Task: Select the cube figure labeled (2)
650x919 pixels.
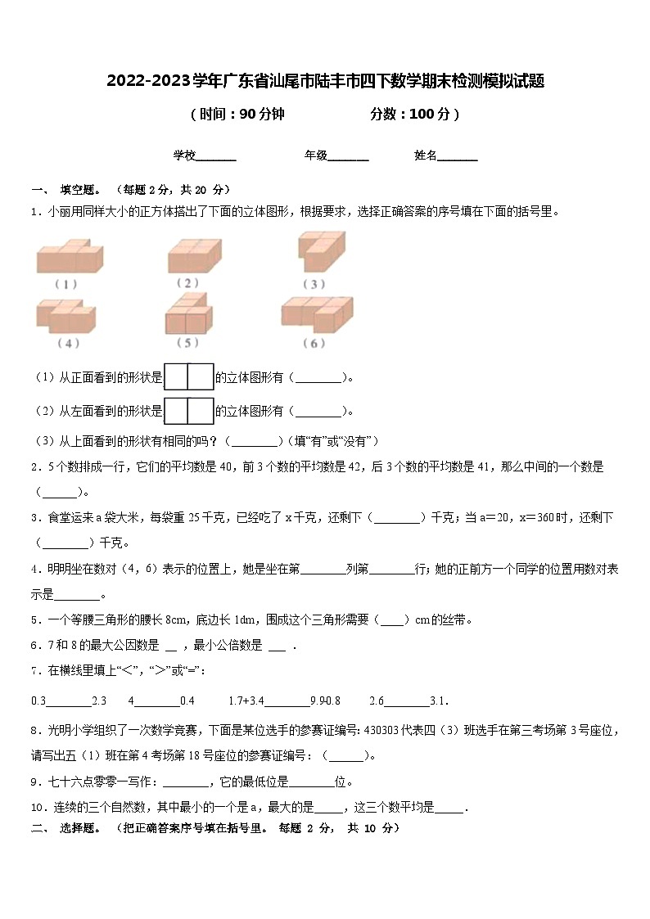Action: pyautogui.click(x=195, y=255)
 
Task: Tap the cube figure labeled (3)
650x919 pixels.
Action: pyautogui.click(x=320, y=251)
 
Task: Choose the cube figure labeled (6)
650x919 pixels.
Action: pyautogui.click(x=317, y=313)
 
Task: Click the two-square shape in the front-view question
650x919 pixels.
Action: pyautogui.click(x=189, y=377)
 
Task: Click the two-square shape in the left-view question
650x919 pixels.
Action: pyautogui.click(x=189, y=411)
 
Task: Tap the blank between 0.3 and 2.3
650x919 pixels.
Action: pyautogui.click(x=69, y=701)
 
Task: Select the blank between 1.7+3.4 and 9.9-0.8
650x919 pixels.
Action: pyautogui.click(x=287, y=701)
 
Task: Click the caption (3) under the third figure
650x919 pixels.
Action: pyautogui.click(x=314, y=284)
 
